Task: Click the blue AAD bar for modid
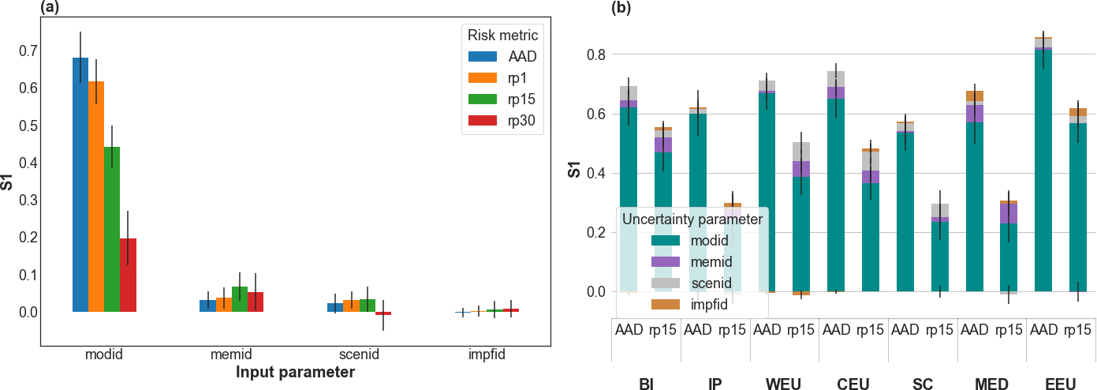point(80,185)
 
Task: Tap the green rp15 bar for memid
point(240,299)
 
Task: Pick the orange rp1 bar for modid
point(96,197)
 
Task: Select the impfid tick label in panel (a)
point(486,355)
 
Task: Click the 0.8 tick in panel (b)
point(596,54)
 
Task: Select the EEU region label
point(1061,384)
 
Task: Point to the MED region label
point(991,384)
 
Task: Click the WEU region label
point(785,384)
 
